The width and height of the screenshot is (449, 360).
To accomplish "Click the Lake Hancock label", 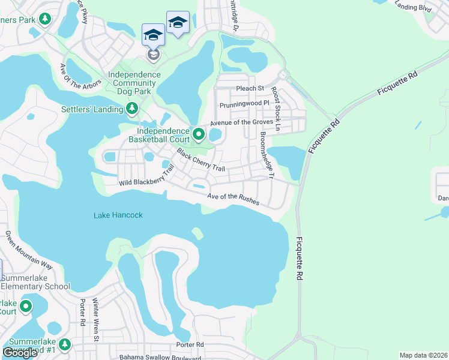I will [118, 215].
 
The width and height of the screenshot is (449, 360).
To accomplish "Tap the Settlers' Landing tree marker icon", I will [131, 109].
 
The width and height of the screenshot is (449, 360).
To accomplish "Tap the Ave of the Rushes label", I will [234, 199].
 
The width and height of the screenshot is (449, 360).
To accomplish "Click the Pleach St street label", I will [250, 88].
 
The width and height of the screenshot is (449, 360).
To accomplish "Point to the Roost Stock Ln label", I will [275, 109].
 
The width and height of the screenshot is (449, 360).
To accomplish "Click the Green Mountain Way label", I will [30, 250].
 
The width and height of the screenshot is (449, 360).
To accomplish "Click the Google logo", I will [20, 353].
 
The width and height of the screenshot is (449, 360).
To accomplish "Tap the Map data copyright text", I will [423, 355].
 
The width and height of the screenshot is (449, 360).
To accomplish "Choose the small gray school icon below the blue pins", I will [153, 55].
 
